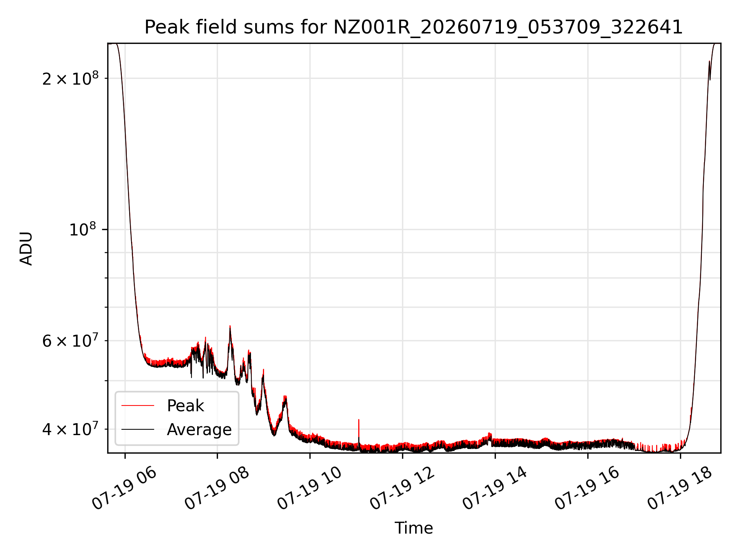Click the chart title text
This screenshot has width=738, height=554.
[414, 27]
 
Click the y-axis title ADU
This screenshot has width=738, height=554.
[26, 248]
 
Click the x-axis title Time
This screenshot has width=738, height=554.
[414, 528]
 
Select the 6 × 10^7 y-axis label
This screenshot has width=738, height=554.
[70, 340]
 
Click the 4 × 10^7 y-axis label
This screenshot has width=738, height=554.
[70, 429]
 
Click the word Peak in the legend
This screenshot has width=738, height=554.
[185, 406]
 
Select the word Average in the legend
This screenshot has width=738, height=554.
[199, 429]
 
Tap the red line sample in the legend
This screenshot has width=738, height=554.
[138, 405]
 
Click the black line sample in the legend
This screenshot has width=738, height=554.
[138, 429]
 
